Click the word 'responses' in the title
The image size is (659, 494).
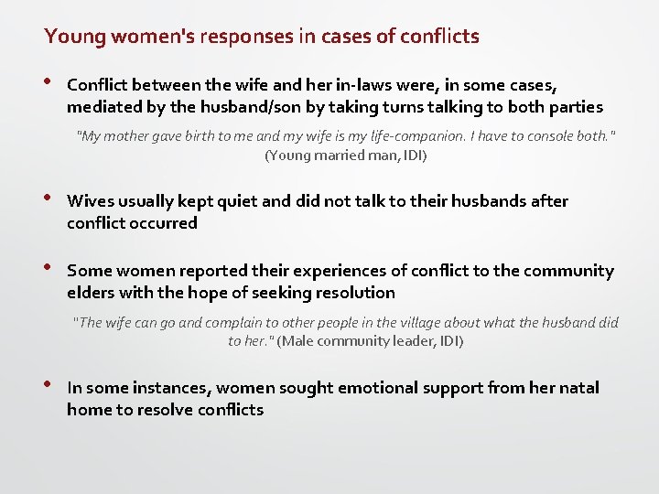point(240,37)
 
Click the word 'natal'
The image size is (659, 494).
point(578,388)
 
